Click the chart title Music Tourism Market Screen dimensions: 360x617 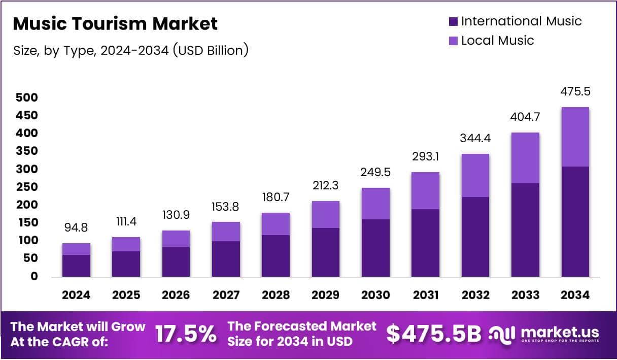(115, 23)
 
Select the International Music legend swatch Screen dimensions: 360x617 (453, 21)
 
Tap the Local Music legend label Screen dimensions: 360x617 (497, 41)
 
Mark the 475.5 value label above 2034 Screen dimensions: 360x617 (575, 92)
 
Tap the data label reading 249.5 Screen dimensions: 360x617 (375, 173)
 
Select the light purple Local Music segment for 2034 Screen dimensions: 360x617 (575, 137)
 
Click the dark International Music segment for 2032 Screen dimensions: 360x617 (475, 237)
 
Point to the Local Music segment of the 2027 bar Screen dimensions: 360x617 (226, 232)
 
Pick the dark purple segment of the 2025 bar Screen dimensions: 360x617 (126, 264)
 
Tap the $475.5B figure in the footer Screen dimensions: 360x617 (433, 334)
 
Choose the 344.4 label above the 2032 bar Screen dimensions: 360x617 (475, 138)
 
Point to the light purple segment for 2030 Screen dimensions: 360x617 (375, 204)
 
